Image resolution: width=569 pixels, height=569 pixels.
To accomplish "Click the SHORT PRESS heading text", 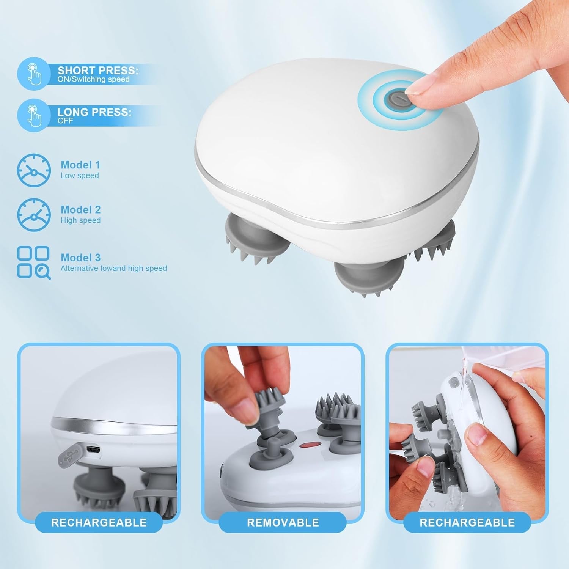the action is (x=98, y=70).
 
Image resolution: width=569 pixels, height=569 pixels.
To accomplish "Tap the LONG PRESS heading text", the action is (x=94, y=112).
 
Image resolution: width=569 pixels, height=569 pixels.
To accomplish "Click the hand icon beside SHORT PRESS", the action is (x=34, y=73).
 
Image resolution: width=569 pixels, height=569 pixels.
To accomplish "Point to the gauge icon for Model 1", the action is (x=34, y=170).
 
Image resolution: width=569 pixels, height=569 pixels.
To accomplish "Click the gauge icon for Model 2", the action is (x=34, y=215).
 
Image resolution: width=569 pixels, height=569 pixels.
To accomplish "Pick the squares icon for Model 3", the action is (x=34, y=263).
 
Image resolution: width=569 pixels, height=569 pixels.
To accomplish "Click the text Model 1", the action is (x=80, y=165).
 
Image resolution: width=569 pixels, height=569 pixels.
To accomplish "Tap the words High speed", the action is (x=80, y=220).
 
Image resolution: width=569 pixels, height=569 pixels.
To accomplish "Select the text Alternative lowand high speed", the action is (x=114, y=268).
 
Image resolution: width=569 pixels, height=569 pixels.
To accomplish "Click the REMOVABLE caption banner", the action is (x=283, y=522).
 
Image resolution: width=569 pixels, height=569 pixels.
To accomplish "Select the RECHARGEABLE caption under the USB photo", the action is (x=99, y=522).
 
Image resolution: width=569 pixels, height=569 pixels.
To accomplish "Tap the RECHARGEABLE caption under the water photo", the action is (x=467, y=522).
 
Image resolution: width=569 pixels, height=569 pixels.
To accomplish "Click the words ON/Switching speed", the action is (x=94, y=79).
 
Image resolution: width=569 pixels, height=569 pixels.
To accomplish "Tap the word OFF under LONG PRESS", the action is (x=65, y=121).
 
